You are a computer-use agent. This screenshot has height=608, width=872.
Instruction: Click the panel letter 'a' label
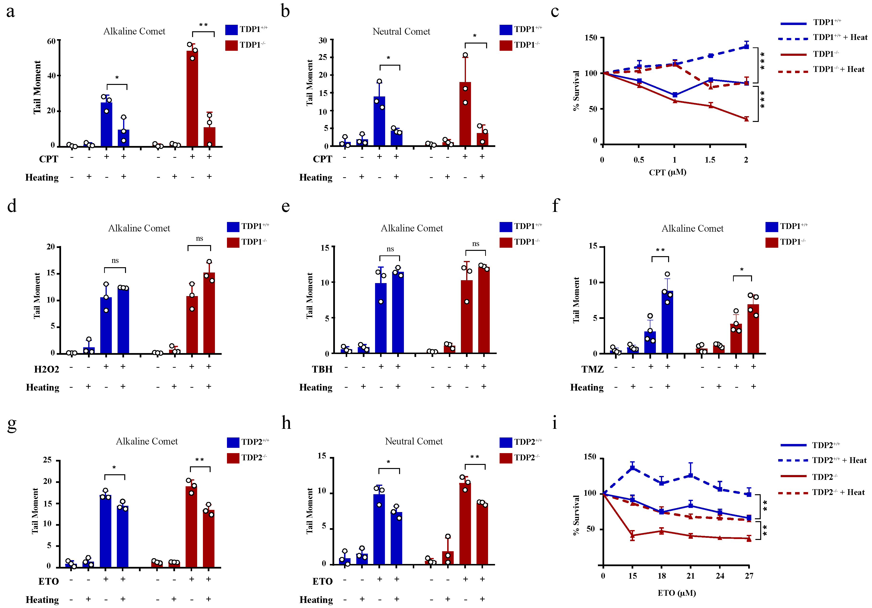pos(11,11)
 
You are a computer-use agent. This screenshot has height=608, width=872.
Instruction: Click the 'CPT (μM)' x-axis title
pos(667,172)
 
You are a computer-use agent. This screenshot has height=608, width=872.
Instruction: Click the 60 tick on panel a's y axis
pos(51,41)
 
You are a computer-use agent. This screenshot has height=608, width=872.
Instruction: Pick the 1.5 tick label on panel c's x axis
pos(710,160)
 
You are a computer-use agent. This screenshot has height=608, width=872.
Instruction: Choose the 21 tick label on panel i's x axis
pos(690,576)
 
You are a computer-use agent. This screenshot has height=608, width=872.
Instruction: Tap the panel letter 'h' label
pos(286,423)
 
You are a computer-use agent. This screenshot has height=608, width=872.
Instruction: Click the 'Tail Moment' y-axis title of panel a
pos(37,87)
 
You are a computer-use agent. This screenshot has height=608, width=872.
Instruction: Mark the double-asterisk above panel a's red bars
pos(204,25)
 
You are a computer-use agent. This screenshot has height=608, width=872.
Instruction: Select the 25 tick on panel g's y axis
pos(47,460)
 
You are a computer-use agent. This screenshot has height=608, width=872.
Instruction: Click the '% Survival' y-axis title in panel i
pos(576,515)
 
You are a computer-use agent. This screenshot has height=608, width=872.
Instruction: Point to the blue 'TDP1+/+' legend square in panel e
pos(506,227)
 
